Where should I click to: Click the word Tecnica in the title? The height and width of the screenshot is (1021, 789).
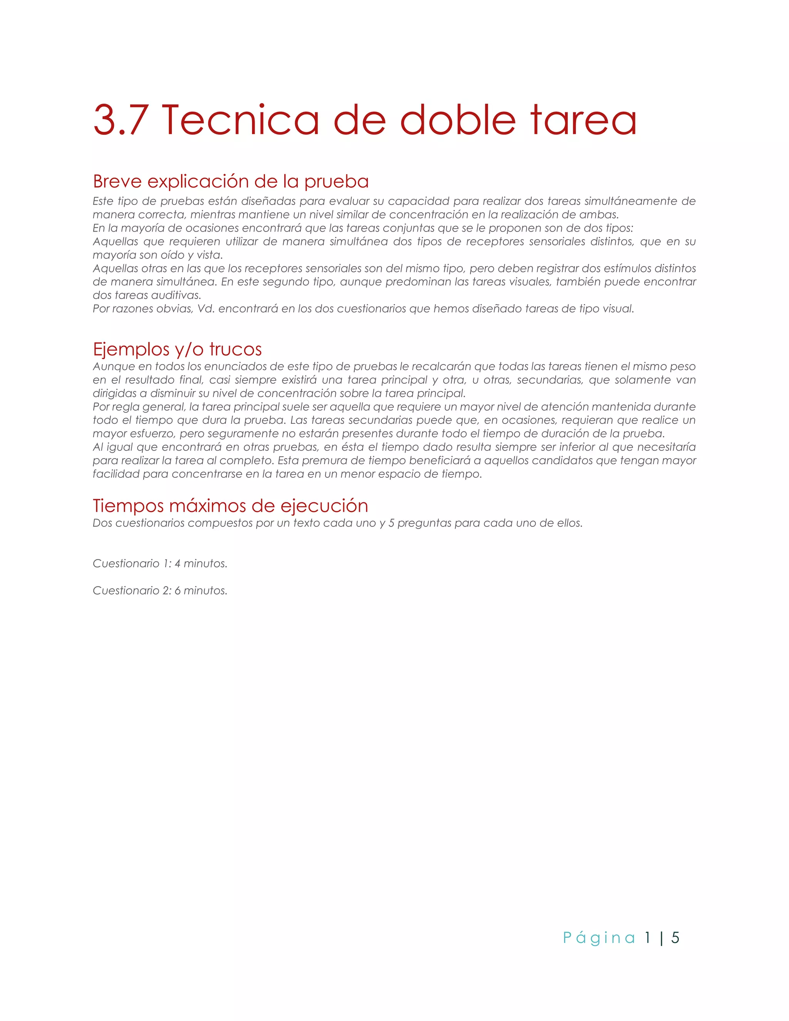(240, 120)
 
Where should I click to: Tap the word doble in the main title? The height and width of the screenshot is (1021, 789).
(458, 120)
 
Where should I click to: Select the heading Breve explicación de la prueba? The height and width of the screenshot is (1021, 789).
(230, 181)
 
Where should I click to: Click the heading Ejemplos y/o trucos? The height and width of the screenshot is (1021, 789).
(177, 349)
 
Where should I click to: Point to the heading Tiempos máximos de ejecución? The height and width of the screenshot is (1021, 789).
(230, 506)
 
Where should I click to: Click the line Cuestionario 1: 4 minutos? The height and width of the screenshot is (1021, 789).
(160, 564)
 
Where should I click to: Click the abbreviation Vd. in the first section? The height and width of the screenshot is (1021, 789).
(206, 309)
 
